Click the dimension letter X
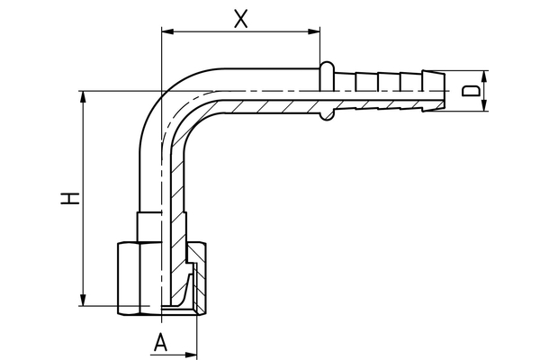click(240, 18)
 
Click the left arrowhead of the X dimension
click(165, 32)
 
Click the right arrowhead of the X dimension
click(316, 32)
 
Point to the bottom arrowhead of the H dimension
click(85, 303)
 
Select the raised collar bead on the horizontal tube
click(328, 90)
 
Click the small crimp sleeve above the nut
click(148, 222)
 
